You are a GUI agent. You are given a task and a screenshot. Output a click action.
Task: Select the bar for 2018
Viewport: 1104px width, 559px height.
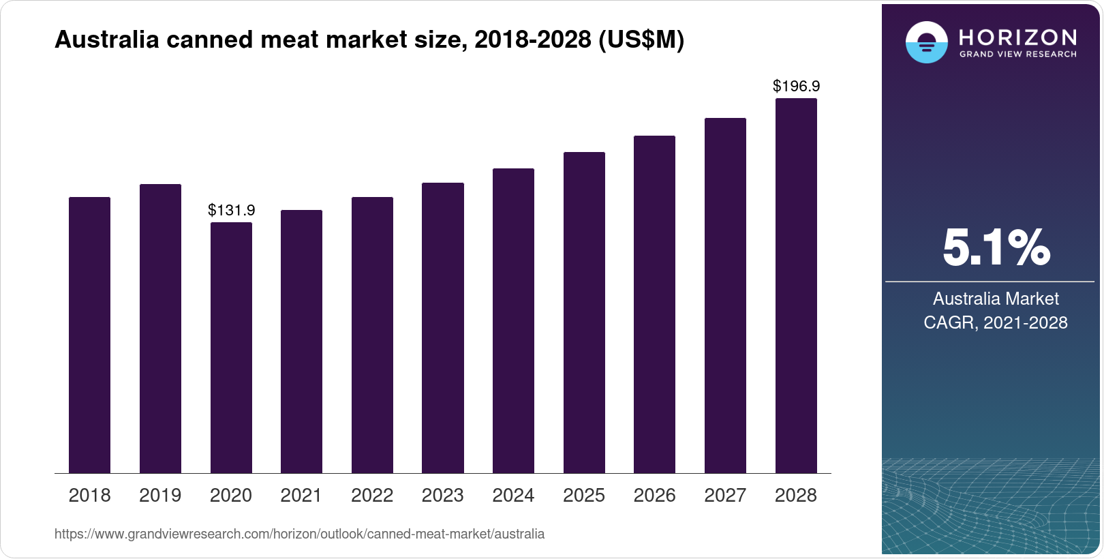click(x=89, y=335)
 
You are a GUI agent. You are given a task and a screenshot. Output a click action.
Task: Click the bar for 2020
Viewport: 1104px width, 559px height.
click(x=231, y=348)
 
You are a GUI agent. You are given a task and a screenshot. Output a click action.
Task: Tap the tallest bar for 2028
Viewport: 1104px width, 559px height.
click(x=796, y=286)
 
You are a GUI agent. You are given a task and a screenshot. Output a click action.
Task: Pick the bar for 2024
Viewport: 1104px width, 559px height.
click(x=513, y=320)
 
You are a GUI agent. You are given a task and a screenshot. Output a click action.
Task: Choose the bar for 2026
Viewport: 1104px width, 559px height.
click(x=654, y=304)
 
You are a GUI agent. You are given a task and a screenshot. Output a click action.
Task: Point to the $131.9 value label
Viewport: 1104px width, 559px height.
click(x=231, y=210)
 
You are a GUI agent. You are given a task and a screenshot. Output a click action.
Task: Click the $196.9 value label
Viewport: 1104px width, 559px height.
click(x=796, y=86)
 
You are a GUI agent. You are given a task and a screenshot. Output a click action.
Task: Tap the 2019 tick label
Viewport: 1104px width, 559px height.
click(x=160, y=496)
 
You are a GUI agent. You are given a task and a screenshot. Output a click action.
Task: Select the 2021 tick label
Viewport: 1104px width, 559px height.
click(x=301, y=496)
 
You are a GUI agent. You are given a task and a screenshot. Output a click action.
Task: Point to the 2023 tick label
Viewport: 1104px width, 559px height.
click(x=442, y=496)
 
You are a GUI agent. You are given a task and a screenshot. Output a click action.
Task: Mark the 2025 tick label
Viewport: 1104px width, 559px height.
click(x=584, y=496)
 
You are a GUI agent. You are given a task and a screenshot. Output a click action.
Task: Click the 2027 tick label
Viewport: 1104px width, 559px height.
click(x=725, y=496)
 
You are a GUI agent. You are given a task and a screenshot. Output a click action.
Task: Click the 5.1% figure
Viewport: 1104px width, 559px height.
click(x=996, y=248)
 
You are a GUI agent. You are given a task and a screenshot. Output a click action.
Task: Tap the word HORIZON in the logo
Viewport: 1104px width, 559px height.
click(x=1018, y=37)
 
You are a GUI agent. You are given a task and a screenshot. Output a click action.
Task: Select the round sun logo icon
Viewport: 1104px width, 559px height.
click(x=926, y=43)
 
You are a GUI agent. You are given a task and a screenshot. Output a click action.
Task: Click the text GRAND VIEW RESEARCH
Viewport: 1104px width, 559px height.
click(x=1018, y=54)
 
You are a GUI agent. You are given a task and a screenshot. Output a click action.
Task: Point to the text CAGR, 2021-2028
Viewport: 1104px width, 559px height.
click(x=996, y=322)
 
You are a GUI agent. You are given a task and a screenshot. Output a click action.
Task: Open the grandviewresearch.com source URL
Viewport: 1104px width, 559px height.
click(x=299, y=534)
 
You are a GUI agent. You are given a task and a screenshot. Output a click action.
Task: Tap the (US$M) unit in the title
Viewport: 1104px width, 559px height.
click(x=641, y=40)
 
